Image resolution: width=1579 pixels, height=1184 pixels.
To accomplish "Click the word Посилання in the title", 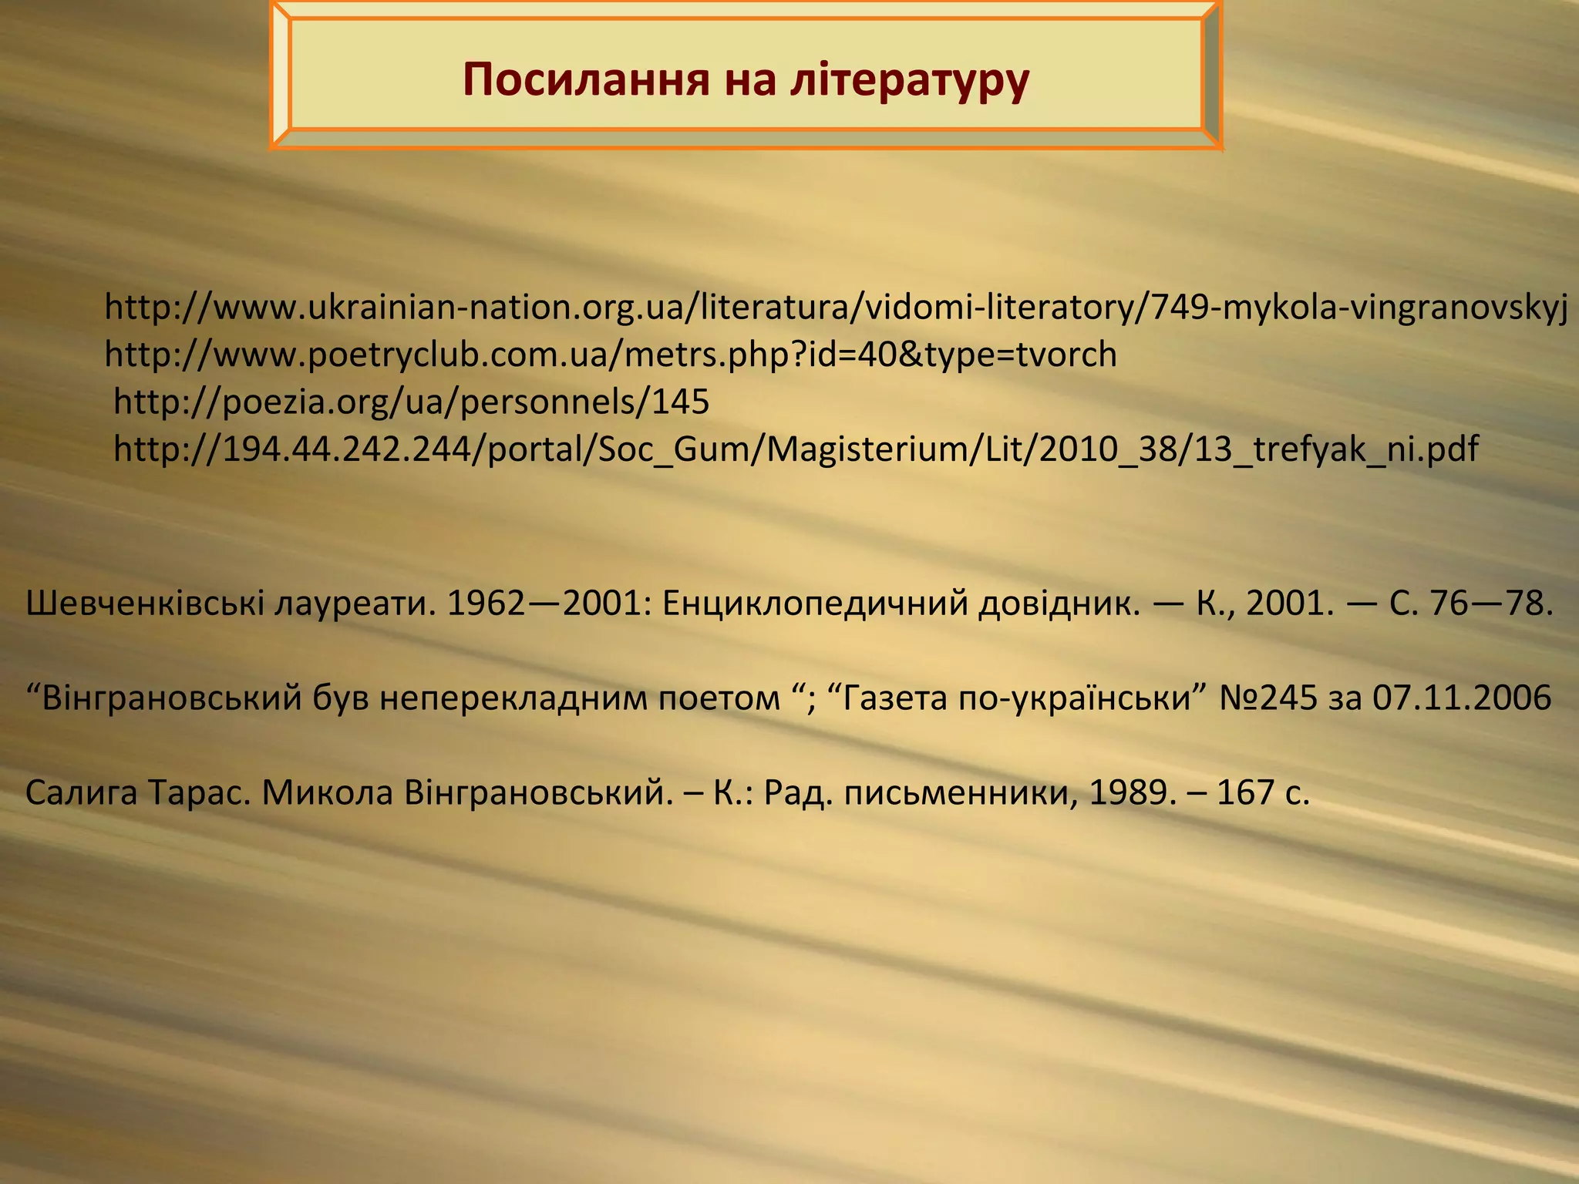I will point(585,79).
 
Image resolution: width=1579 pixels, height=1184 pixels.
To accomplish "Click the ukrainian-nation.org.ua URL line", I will point(836,308).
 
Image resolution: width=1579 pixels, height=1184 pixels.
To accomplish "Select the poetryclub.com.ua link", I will point(611,355).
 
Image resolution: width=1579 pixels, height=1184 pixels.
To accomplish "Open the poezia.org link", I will point(411,402).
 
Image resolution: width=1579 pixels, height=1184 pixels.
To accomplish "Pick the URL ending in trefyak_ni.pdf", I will point(796,449).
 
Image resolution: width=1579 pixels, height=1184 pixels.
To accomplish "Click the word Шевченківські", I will point(145,603).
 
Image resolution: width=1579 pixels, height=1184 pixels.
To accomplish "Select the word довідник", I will point(1059,603).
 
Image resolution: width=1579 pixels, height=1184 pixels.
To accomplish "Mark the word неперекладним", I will point(514,698).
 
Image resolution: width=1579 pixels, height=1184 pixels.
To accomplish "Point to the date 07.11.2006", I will point(1462,698).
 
